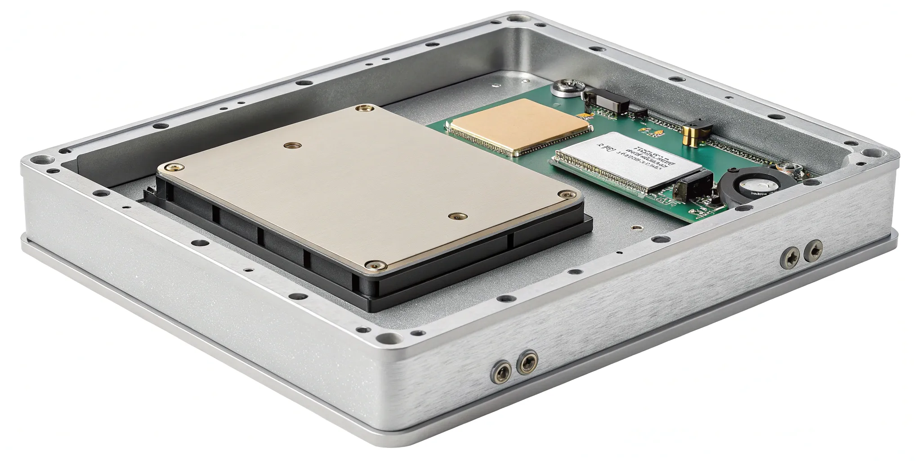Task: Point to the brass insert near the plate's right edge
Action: click(x=457, y=216)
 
